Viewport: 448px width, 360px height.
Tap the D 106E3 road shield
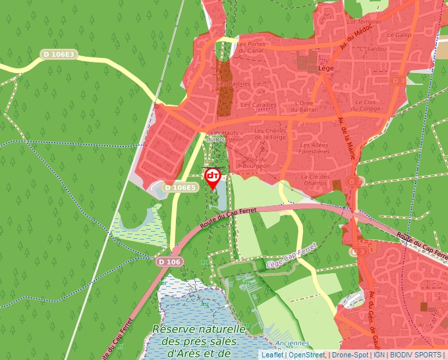click(59, 55)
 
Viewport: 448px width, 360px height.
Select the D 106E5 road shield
click(180, 188)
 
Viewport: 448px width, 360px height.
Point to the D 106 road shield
click(169, 262)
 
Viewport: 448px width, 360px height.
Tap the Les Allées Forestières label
click(314, 147)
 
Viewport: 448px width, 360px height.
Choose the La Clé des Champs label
click(314, 180)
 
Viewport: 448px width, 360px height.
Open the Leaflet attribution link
click(272, 355)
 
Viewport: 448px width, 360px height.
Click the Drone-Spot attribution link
click(350, 355)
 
